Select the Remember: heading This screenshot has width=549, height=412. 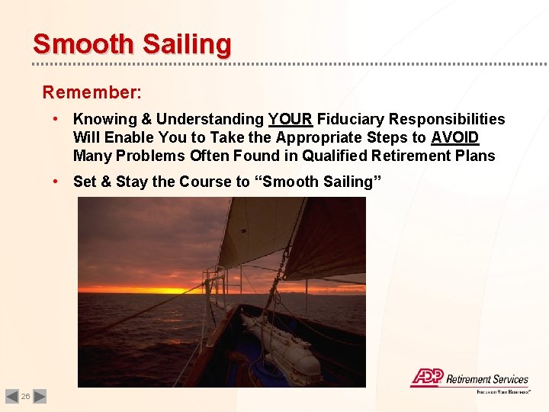91,92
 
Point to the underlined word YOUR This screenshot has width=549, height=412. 290,119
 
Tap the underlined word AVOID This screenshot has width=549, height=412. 454,137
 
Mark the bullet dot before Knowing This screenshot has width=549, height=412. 56,119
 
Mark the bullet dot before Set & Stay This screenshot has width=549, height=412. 56,182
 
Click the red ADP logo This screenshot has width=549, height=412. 426,378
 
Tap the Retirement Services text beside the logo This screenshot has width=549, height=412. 486,379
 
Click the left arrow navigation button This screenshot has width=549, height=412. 11,396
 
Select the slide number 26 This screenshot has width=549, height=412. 25,397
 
